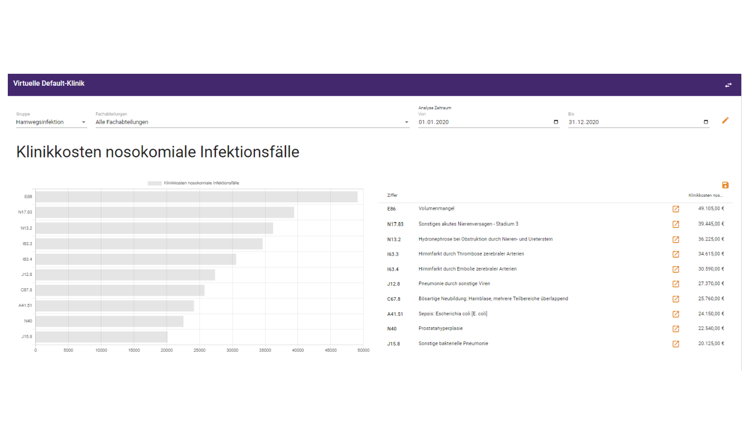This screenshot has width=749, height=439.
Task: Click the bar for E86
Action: pyautogui.click(x=197, y=197)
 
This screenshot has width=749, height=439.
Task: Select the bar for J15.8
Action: pyautogui.click(x=101, y=337)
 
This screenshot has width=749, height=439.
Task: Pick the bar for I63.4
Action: pyautogui.click(x=136, y=259)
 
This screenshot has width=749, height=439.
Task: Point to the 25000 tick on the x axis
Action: pyautogui.click(x=199, y=350)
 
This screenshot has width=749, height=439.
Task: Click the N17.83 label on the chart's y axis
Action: pyautogui.click(x=25, y=212)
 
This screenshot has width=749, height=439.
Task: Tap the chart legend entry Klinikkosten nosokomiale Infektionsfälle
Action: pyautogui.click(x=193, y=183)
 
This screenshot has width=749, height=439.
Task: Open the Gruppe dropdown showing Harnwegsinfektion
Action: pyautogui.click(x=51, y=122)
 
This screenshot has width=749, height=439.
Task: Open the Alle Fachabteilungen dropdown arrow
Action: pyautogui.click(x=407, y=122)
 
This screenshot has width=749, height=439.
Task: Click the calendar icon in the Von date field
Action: pyautogui.click(x=556, y=122)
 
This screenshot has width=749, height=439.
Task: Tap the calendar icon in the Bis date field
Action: pyautogui.click(x=706, y=122)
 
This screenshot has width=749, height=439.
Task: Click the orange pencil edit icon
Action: pyautogui.click(x=725, y=121)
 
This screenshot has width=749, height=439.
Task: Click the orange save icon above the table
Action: pyautogui.click(x=725, y=185)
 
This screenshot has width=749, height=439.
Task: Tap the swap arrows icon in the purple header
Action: pyautogui.click(x=728, y=85)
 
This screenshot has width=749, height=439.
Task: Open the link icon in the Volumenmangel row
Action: pyautogui.click(x=676, y=209)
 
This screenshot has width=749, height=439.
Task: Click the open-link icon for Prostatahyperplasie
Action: pyautogui.click(x=676, y=329)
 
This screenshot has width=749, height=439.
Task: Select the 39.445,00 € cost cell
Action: pyautogui.click(x=711, y=224)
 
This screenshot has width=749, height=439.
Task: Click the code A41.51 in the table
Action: pyautogui.click(x=395, y=314)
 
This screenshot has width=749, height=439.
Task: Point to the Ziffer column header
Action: pyautogui.click(x=392, y=195)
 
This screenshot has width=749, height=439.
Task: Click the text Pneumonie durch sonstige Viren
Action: pyautogui.click(x=454, y=284)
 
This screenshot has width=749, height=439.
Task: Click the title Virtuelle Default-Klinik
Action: pyautogui.click(x=49, y=84)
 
